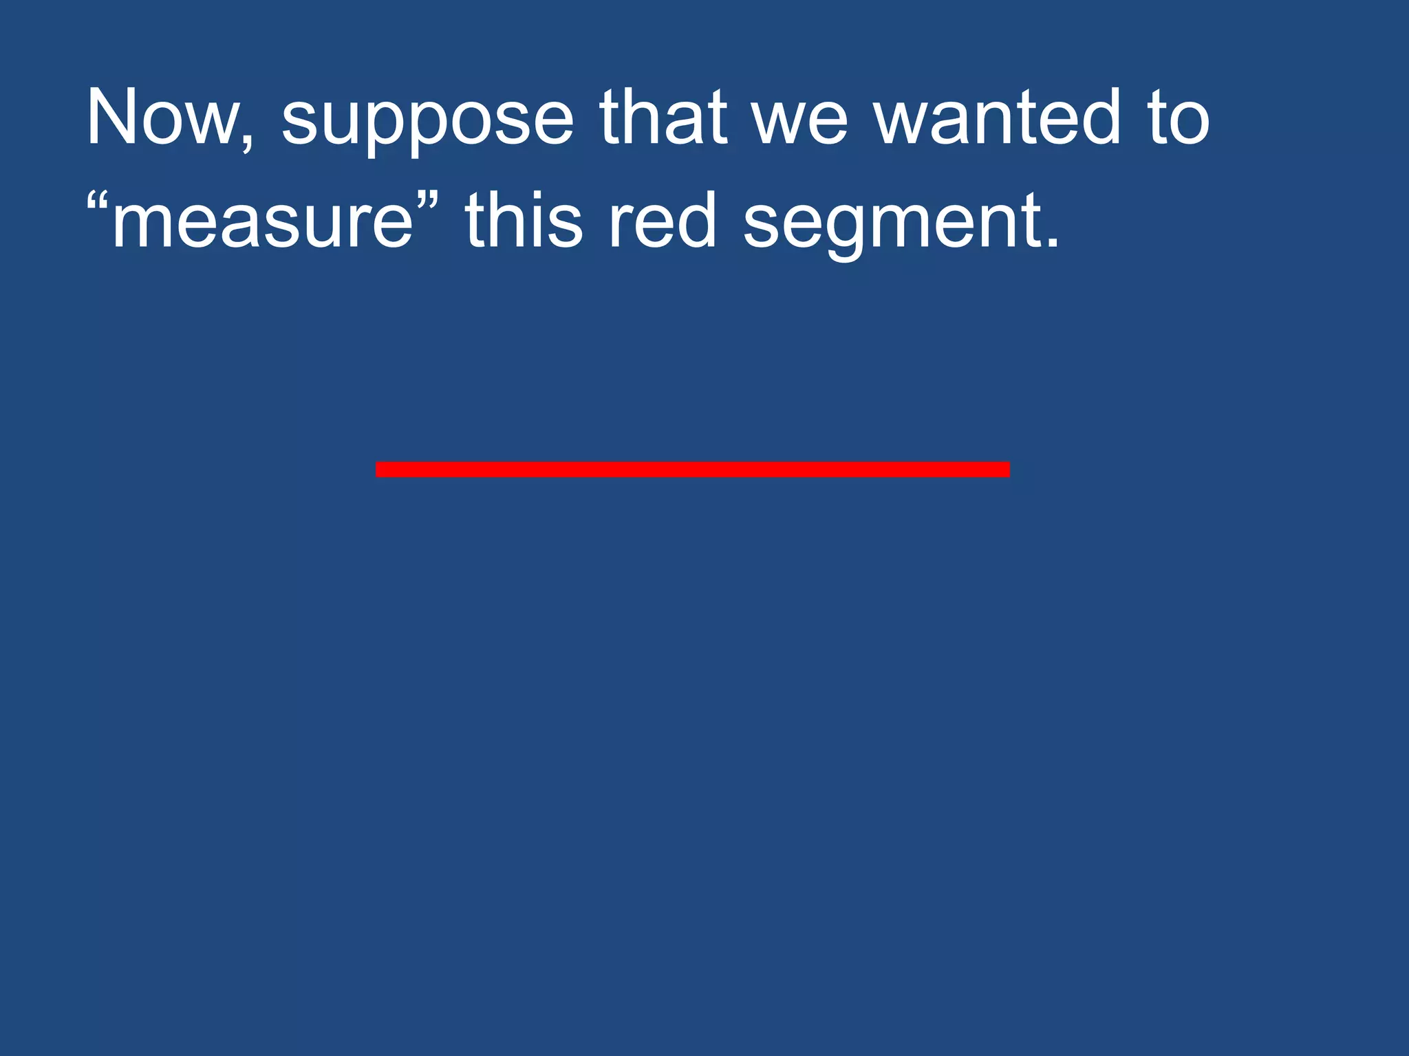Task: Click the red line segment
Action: click(x=692, y=470)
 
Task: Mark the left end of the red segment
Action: click(x=378, y=470)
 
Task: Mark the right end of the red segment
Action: click(x=1008, y=470)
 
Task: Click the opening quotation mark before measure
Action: click(x=98, y=201)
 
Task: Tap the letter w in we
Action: click(x=777, y=124)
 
